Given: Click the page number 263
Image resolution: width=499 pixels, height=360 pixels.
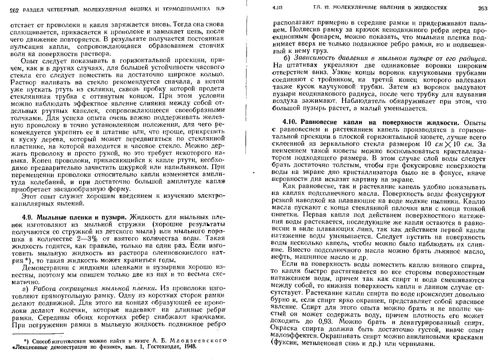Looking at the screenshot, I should (482, 8).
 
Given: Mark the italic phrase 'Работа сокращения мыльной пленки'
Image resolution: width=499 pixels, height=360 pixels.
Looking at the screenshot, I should (95, 289).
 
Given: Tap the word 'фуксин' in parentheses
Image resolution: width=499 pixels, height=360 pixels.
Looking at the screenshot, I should (289, 343).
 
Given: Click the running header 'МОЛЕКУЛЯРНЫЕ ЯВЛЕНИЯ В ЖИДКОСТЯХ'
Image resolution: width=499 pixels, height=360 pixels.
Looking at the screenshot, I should (387, 8).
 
